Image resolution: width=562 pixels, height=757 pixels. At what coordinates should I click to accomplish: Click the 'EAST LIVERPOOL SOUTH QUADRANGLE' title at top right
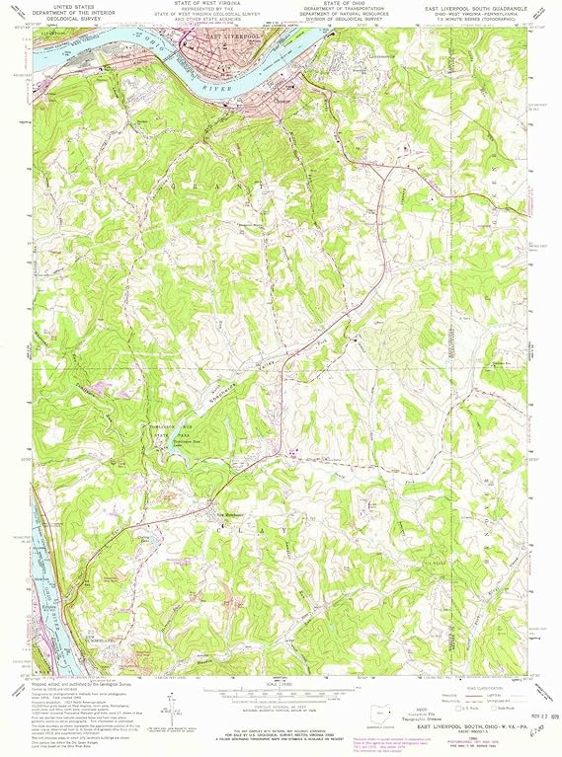(472, 7)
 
